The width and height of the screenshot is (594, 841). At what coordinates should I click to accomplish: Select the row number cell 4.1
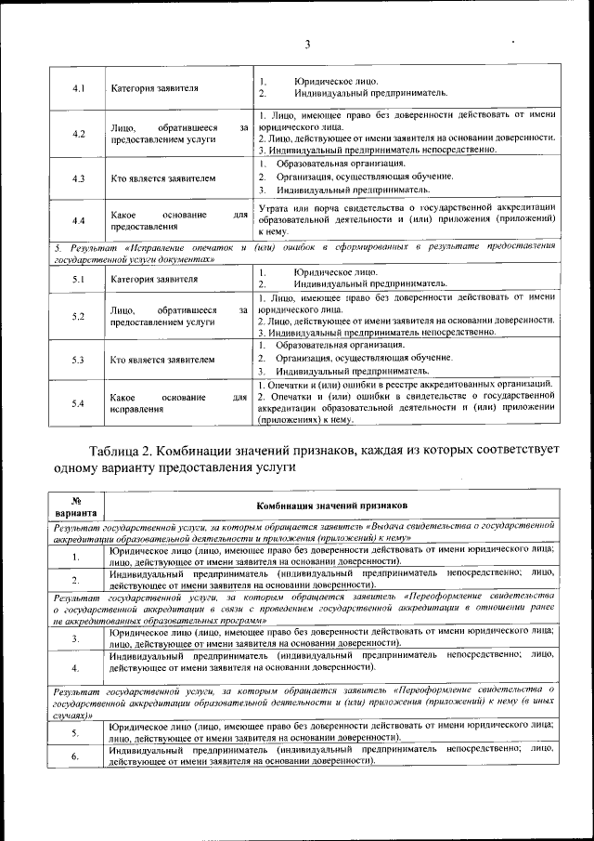(x=79, y=89)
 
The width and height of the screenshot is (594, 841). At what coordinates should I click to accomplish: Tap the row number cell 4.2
(x=79, y=134)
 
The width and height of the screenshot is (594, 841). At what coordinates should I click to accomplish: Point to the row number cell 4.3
(x=79, y=177)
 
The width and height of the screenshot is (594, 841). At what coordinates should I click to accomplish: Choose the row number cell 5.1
(x=79, y=278)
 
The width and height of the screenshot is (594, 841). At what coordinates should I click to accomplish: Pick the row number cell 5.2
(x=79, y=315)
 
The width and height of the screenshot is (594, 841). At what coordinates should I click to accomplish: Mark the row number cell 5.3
(x=79, y=359)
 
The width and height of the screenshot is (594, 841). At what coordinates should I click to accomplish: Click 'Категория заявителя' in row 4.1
(x=154, y=89)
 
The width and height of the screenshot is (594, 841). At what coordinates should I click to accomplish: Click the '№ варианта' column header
(x=75, y=506)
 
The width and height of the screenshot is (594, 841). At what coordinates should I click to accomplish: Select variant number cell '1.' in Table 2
(x=76, y=557)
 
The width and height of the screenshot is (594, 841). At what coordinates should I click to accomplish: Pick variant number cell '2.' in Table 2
(x=76, y=581)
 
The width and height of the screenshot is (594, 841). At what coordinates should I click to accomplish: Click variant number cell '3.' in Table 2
(x=76, y=637)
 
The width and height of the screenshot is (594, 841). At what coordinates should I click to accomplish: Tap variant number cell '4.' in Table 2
(x=76, y=667)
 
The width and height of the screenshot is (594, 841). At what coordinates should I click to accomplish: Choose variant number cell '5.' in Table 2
(x=76, y=731)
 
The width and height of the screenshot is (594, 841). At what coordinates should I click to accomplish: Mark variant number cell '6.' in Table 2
(x=76, y=756)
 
